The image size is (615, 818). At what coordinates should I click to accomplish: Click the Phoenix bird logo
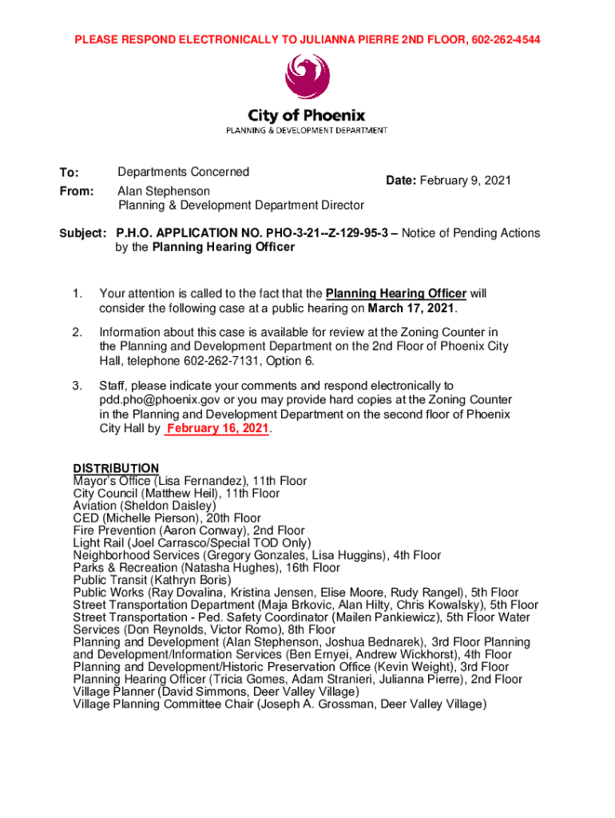click(x=307, y=77)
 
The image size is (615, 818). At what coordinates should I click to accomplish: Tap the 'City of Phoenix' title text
click(x=307, y=116)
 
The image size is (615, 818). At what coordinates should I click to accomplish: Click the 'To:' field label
click(x=69, y=173)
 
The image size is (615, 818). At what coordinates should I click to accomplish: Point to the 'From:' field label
click(x=76, y=192)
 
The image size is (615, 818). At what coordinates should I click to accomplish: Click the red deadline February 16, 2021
click(x=217, y=429)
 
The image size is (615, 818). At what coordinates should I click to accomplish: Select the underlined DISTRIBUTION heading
click(x=116, y=468)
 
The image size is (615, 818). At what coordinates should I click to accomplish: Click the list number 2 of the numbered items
click(x=77, y=332)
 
